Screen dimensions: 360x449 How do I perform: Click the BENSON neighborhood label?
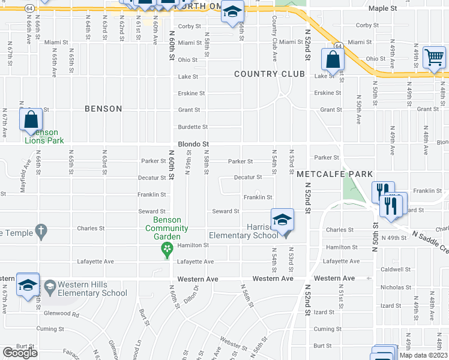point(103,109)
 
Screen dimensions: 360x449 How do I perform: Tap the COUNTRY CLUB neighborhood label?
point(270,74)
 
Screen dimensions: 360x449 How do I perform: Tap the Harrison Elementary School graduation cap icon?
point(282,220)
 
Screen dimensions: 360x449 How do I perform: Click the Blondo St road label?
point(193,145)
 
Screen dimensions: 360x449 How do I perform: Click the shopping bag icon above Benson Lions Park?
point(31,119)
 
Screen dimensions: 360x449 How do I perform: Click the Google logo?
point(20,353)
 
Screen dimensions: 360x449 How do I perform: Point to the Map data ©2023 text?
point(423,355)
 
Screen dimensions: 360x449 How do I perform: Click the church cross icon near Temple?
point(41,230)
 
